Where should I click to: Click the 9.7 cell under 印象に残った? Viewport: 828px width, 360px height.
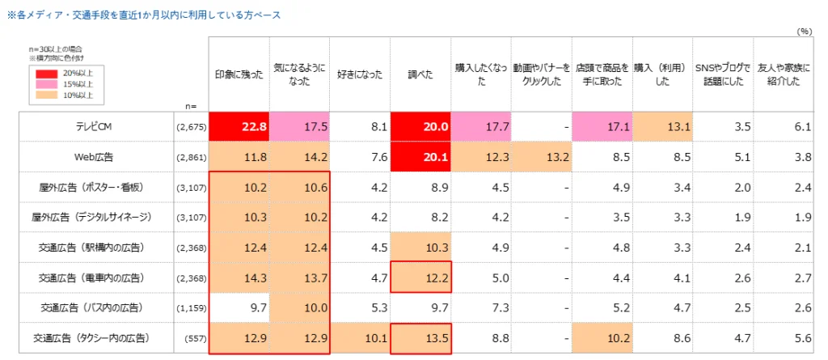[x=239, y=307]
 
